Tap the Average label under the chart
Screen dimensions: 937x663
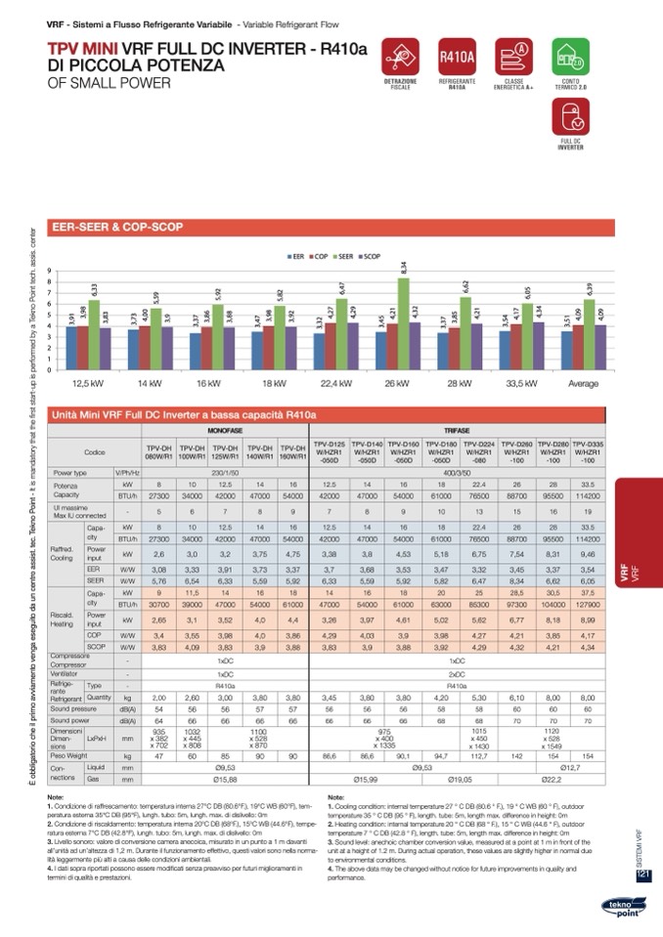583,383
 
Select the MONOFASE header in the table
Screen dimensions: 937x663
225,430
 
